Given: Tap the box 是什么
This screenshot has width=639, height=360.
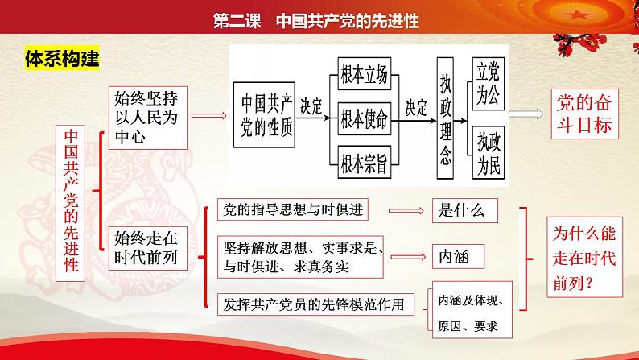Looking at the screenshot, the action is [463, 211].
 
